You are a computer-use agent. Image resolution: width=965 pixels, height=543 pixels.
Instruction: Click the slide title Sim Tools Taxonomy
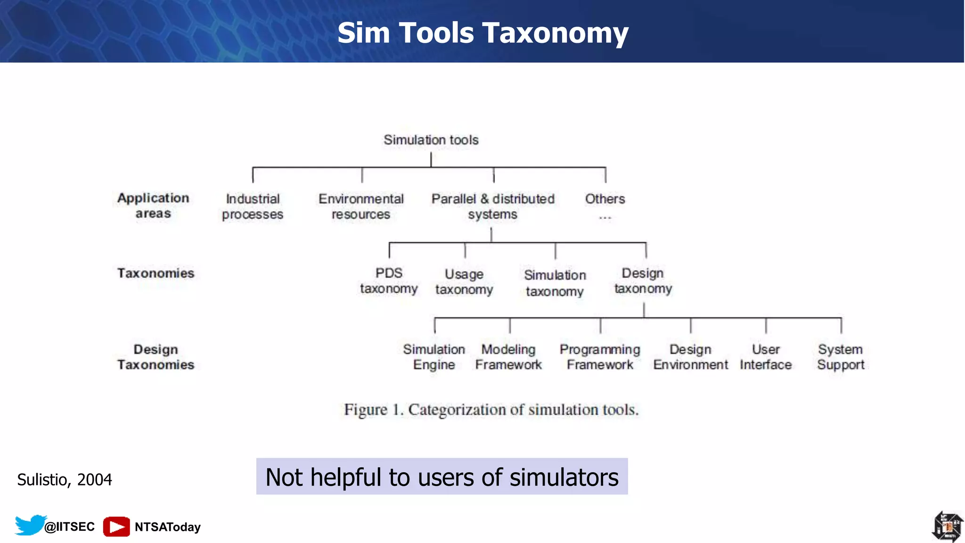(482, 33)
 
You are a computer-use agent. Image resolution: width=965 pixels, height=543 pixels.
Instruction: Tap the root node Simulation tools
(431, 140)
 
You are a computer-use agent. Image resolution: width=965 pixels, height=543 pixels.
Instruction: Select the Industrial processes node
(253, 206)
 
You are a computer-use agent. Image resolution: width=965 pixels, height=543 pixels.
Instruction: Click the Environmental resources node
(361, 206)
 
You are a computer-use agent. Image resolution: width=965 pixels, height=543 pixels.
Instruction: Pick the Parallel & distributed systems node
(493, 206)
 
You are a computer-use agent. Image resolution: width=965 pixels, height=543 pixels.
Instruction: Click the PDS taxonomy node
(389, 281)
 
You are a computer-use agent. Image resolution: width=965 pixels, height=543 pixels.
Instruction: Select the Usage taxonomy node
(464, 282)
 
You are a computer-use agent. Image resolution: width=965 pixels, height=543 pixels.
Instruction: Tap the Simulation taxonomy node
(555, 283)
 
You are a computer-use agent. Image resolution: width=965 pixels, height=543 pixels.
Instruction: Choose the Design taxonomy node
(643, 281)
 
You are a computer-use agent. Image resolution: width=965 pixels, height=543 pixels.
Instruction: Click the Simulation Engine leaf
(434, 357)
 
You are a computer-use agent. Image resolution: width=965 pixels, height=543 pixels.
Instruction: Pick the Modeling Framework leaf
(508, 357)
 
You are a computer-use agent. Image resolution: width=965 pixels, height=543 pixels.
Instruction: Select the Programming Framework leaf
(600, 357)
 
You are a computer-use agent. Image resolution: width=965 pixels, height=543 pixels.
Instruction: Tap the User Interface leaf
(766, 357)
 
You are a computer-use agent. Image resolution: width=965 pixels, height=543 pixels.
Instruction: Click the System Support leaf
(841, 357)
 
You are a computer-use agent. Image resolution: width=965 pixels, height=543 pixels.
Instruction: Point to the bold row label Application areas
(153, 206)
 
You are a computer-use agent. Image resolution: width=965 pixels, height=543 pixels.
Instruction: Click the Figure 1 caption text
(491, 410)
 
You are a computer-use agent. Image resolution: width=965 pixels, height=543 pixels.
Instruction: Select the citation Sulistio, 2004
(65, 479)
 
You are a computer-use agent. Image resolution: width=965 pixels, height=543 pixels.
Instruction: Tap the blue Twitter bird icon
(30, 525)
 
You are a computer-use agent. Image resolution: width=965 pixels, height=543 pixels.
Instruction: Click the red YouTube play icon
(116, 527)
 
